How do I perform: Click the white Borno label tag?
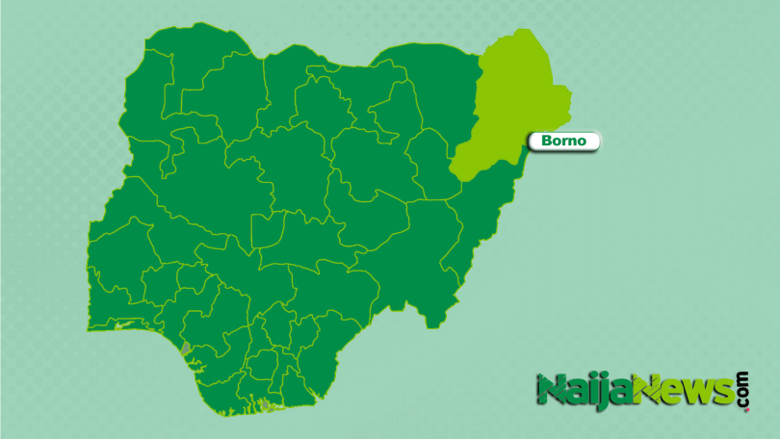coord(564,142)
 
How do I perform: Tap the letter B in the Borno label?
coord(548,142)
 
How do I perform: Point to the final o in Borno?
coord(583,142)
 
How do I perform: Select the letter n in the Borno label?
coord(573,142)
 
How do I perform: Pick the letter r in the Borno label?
coord(565,142)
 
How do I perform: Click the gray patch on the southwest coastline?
coord(186,347)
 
